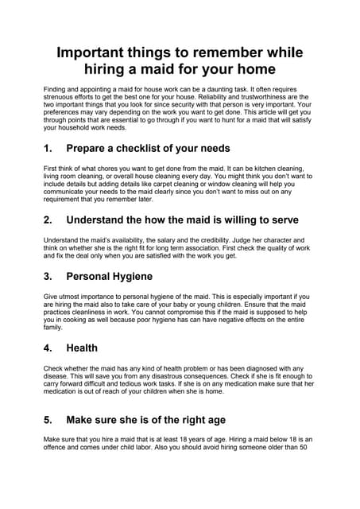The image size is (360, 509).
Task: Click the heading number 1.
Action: [x=48, y=148]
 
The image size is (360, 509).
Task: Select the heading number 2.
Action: [x=48, y=219]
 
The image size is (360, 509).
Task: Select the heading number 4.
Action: [x=48, y=347]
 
